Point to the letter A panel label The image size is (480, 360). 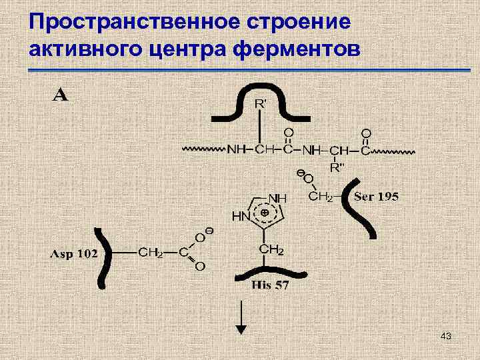click(60, 95)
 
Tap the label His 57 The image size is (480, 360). click(269, 286)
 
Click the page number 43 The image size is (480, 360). click(446, 337)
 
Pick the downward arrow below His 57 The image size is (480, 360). click(241, 320)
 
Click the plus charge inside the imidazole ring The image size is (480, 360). click(265, 212)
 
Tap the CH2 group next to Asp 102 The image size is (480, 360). click(151, 252)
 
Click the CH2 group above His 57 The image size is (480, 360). click(270, 250)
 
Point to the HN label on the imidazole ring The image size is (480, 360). click(240, 216)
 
